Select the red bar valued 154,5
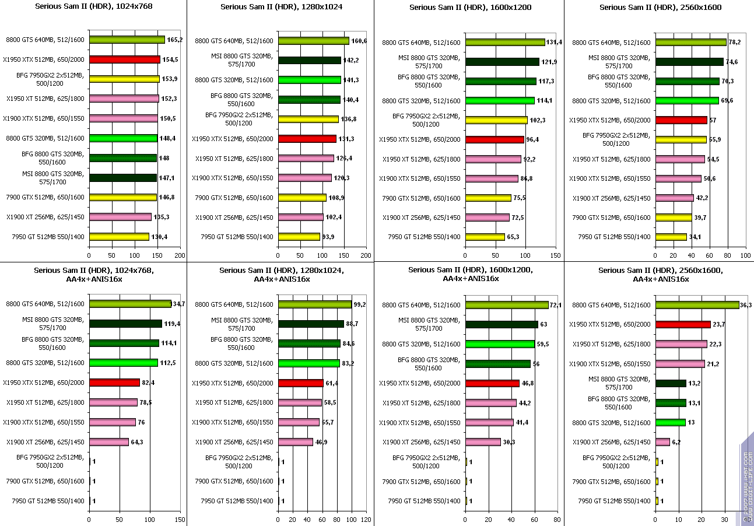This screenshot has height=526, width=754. point(125,59)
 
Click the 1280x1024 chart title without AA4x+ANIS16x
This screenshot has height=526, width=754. point(282,7)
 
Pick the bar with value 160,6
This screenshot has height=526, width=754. point(314,41)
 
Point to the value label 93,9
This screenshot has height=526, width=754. point(331,237)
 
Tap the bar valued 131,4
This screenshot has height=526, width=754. point(505,42)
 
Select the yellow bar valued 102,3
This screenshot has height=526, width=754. point(496,120)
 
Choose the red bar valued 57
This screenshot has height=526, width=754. point(681,120)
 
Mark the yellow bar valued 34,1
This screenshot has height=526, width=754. point(671,237)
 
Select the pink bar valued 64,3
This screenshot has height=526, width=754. point(109,442)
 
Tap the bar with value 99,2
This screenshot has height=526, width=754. point(315,304)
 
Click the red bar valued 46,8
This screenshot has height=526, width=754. point(492,383)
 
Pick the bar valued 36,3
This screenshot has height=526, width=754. point(697,305)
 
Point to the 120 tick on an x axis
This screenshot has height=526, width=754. point(366,520)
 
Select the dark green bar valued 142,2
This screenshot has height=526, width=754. point(310,60)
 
